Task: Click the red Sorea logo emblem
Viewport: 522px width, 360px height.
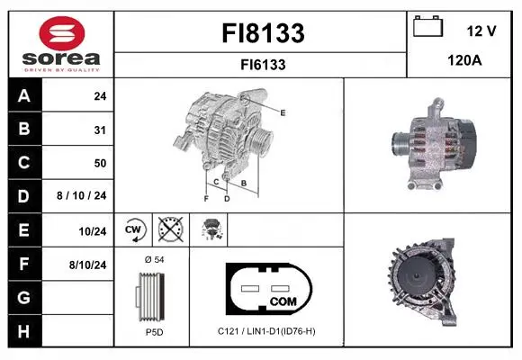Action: (x=62, y=33)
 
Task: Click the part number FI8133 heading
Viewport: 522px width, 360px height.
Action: (x=263, y=33)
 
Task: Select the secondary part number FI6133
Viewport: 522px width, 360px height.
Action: (x=263, y=65)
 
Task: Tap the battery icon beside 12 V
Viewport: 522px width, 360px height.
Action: (x=428, y=26)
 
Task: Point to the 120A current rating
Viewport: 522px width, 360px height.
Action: (x=464, y=60)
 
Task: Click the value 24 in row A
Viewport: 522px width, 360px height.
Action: (x=100, y=96)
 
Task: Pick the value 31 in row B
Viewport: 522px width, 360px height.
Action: (x=100, y=130)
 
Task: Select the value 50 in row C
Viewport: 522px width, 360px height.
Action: (x=100, y=163)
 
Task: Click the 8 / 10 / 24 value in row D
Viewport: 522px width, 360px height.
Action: (x=82, y=195)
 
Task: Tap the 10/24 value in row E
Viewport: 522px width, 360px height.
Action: (x=93, y=231)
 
